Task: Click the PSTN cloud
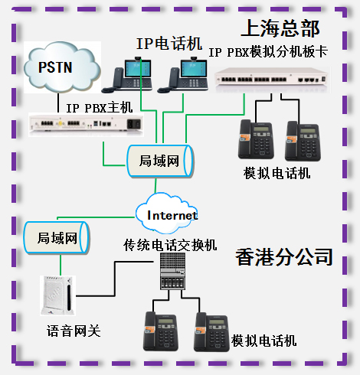click(62, 67)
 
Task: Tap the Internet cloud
click(167, 214)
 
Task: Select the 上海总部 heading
click(280, 28)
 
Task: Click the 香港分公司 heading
click(284, 257)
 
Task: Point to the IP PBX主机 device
click(86, 125)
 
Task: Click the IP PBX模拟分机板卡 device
click(271, 80)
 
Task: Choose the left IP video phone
click(127, 75)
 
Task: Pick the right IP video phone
click(182, 75)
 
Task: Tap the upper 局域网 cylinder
click(160, 161)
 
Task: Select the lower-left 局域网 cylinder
click(57, 238)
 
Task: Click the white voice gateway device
click(58, 295)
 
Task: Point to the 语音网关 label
click(74, 331)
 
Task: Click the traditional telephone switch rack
click(172, 271)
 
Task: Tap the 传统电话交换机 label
click(170, 246)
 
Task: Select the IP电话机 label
click(169, 44)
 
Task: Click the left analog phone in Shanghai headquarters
click(256, 139)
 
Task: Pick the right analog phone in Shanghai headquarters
click(303, 141)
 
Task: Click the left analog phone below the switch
click(161, 331)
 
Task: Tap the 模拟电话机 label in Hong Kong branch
click(263, 341)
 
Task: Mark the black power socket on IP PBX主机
click(133, 124)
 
